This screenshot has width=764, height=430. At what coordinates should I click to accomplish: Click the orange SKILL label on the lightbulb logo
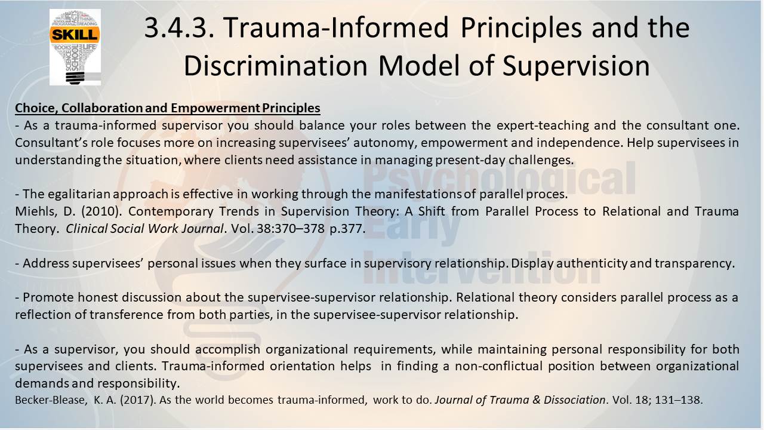[75, 35]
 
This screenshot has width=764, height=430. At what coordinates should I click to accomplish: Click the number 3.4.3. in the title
[180, 28]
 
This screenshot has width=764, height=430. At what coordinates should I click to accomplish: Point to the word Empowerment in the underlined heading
[215, 108]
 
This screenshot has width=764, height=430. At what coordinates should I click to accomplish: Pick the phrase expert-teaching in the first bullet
[543, 125]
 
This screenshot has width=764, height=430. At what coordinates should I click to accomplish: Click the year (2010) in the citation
[101, 211]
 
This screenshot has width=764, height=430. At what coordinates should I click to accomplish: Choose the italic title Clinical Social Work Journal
[144, 229]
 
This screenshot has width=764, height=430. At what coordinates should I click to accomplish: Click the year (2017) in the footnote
[138, 400]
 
